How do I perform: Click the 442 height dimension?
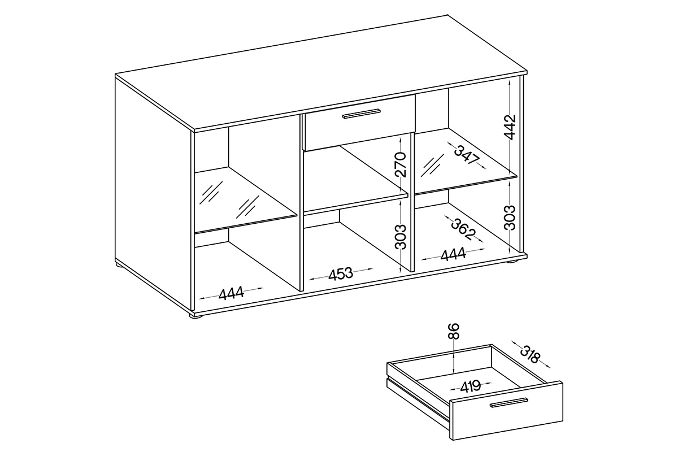[510, 127]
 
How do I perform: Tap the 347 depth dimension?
[467, 155]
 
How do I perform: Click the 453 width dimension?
[341, 274]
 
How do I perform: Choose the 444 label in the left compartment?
[231, 293]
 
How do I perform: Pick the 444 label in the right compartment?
[453, 254]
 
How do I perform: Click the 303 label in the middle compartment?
[401, 237]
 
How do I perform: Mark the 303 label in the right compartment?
[510, 218]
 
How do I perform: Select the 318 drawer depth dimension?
[530, 354]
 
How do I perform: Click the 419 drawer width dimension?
[470, 386]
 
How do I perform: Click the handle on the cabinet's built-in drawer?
[361, 114]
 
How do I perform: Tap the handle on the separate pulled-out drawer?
[510, 402]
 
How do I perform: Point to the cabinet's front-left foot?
[196, 316]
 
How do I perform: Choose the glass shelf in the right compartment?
[466, 160]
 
